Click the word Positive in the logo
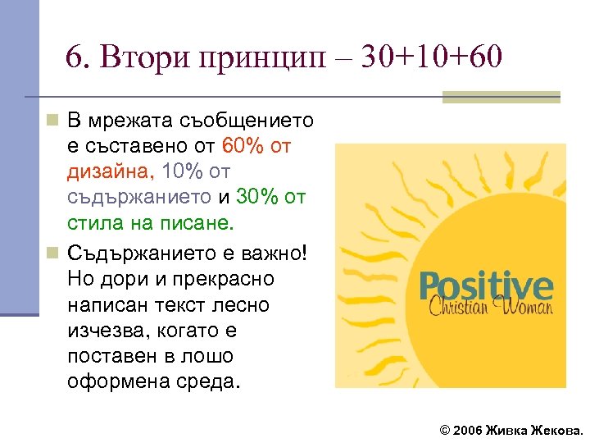(x=486, y=287)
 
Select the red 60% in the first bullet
(x=241, y=147)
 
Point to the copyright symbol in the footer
(x=445, y=430)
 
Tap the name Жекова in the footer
(x=556, y=430)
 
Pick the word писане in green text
(x=197, y=223)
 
